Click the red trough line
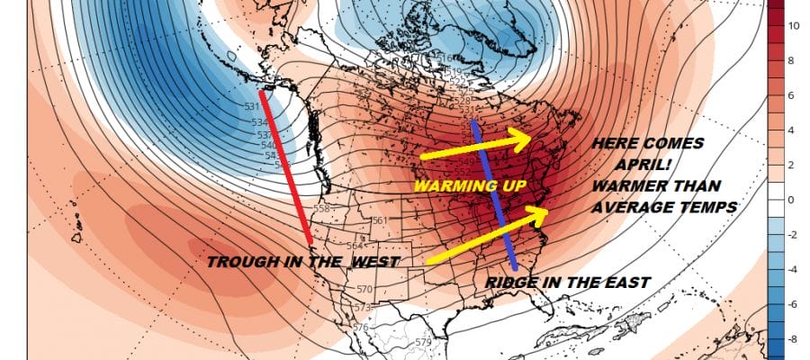click(x=285, y=166)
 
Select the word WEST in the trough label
click(x=374, y=261)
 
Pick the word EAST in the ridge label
click(x=625, y=283)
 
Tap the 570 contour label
click(x=364, y=289)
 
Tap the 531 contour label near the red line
click(x=252, y=106)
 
